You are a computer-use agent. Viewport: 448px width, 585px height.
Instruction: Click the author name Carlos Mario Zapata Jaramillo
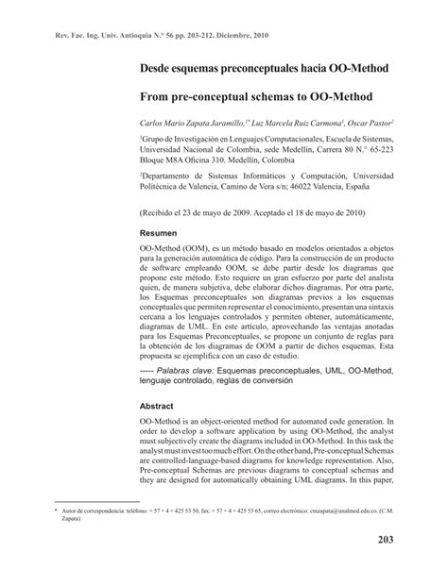tap(190, 123)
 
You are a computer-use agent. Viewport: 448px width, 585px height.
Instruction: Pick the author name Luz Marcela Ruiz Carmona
tap(296, 123)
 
